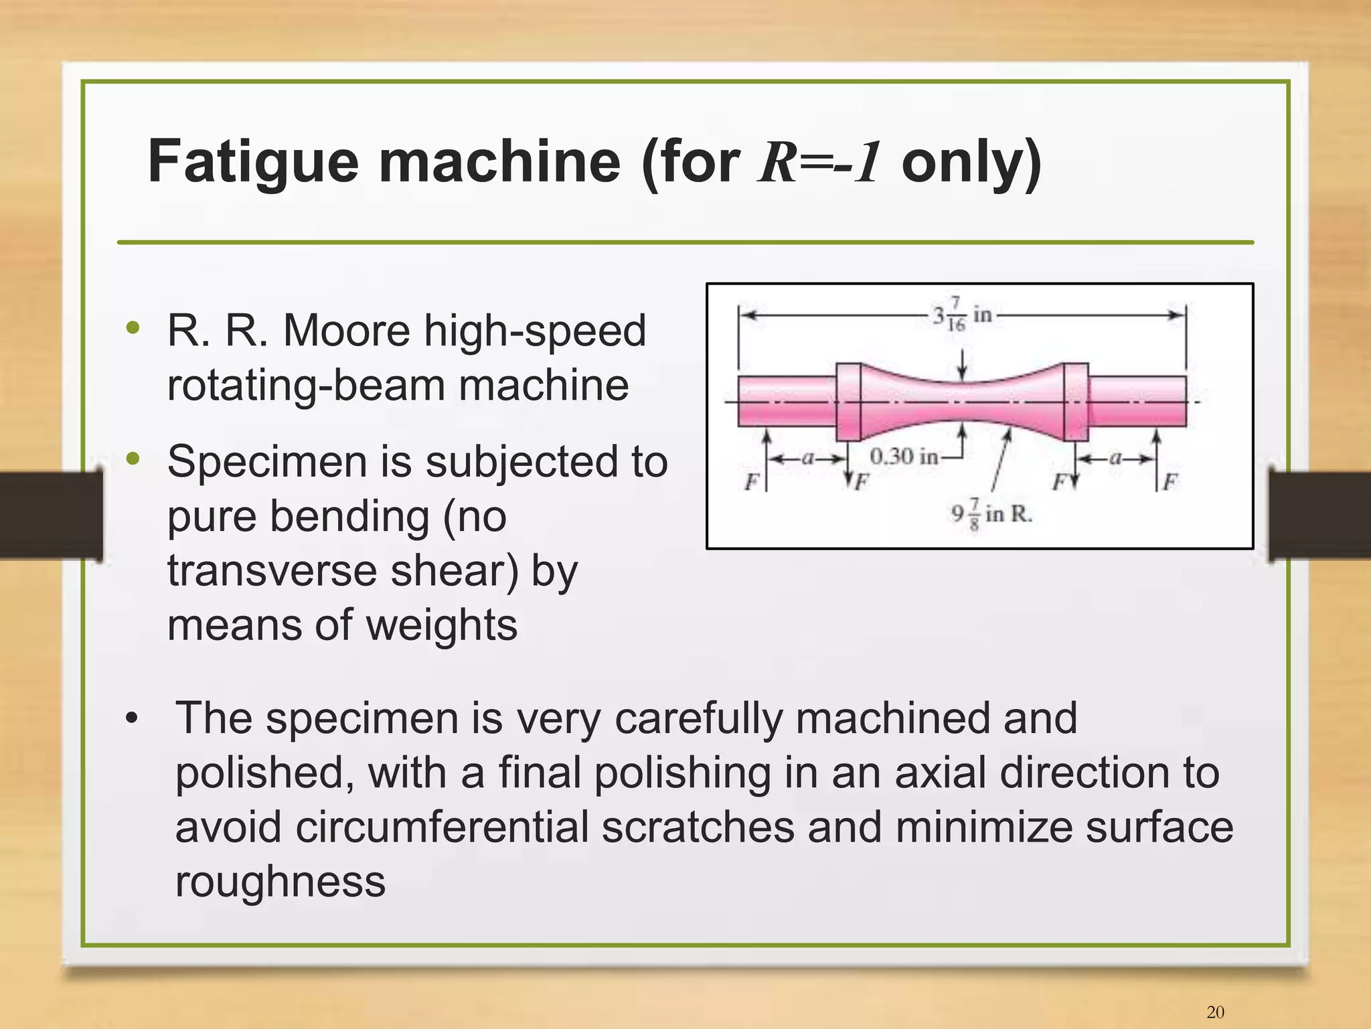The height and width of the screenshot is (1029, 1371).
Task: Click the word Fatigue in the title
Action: tap(253, 163)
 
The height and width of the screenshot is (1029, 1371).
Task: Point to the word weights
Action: tap(442, 625)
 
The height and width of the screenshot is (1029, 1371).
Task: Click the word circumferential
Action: tap(442, 827)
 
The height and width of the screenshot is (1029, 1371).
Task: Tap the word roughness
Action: tap(280, 882)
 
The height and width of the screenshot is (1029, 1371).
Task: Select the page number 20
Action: tap(1215, 1011)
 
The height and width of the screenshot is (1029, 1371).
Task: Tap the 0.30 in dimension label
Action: tap(903, 457)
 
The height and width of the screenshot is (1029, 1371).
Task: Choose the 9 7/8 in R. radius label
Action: tap(991, 514)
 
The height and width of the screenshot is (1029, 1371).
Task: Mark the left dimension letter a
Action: tap(808, 459)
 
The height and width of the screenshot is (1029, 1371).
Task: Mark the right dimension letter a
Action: tap(1115, 459)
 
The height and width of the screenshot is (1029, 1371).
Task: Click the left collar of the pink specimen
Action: tap(848, 401)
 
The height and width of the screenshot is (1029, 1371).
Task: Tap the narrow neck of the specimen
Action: tap(962, 401)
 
